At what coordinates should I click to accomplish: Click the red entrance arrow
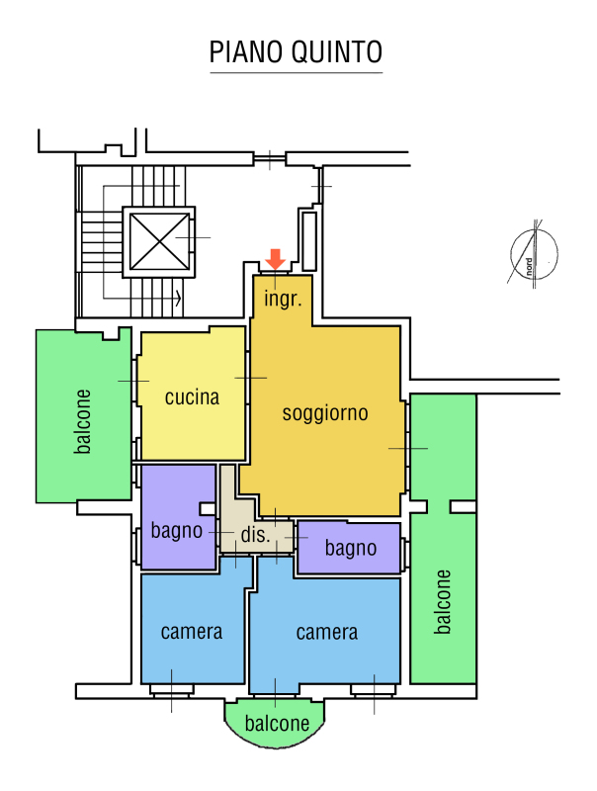(276, 259)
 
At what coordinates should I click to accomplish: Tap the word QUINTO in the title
(337, 52)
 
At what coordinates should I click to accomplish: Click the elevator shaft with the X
(159, 241)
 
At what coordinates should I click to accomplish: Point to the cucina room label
(192, 397)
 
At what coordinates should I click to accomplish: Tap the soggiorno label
(325, 413)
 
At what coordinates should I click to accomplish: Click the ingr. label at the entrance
(283, 299)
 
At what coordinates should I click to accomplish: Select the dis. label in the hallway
(255, 535)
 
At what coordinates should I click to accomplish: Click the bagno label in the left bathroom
(177, 531)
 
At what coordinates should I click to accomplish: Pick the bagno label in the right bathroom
(351, 549)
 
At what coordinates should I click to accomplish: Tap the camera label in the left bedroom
(192, 632)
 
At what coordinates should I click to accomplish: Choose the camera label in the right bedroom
(327, 632)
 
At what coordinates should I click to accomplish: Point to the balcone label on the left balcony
(83, 421)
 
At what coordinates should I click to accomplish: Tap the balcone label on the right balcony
(443, 602)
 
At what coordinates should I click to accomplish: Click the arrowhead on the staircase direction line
(178, 299)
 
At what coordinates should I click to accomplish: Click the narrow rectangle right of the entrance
(309, 241)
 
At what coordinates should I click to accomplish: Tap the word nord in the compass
(529, 267)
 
